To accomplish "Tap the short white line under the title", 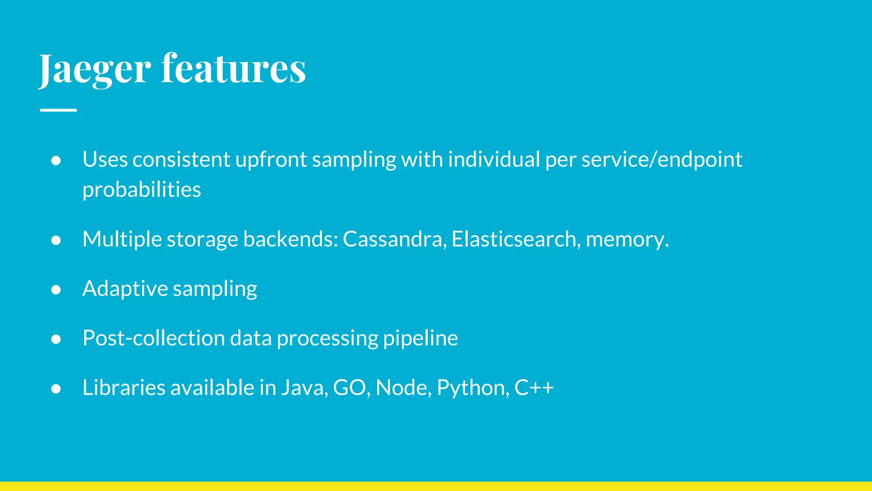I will point(58,110).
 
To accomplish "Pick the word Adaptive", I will point(125,289).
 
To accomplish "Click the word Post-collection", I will point(153,338).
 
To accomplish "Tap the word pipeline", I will point(420,338).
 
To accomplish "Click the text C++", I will point(534,388).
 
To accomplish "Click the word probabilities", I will point(141,190).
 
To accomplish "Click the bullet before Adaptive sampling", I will point(56,290).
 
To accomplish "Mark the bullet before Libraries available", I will point(56,389).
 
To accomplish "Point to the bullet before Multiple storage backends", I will point(56,240).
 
